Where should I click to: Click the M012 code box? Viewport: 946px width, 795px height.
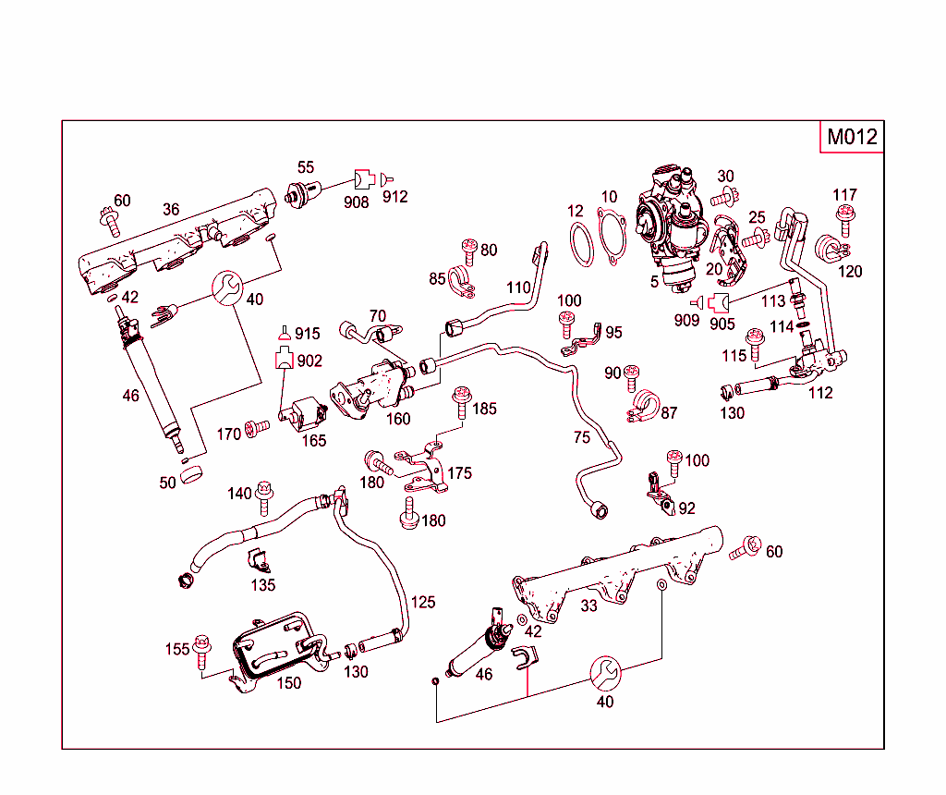(x=851, y=137)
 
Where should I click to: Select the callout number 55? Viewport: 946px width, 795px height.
(x=305, y=167)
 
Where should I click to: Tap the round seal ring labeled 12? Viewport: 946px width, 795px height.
(x=579, y=243)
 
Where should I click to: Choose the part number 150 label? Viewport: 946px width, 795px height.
(x=289, y=682)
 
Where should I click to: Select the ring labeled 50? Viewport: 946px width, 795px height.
(x=192, y=476)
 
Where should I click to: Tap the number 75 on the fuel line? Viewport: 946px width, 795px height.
(x=581, y=437)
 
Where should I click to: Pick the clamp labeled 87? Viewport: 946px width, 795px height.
(x=643, y=405)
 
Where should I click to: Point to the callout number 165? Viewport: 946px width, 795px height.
(x=314, y=440)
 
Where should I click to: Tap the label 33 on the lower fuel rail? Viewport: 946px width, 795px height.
(x=588, y=605)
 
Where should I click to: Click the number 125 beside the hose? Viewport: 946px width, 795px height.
(x=422, y=602)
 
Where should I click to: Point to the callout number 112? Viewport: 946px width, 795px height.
(x=819, y=393)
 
